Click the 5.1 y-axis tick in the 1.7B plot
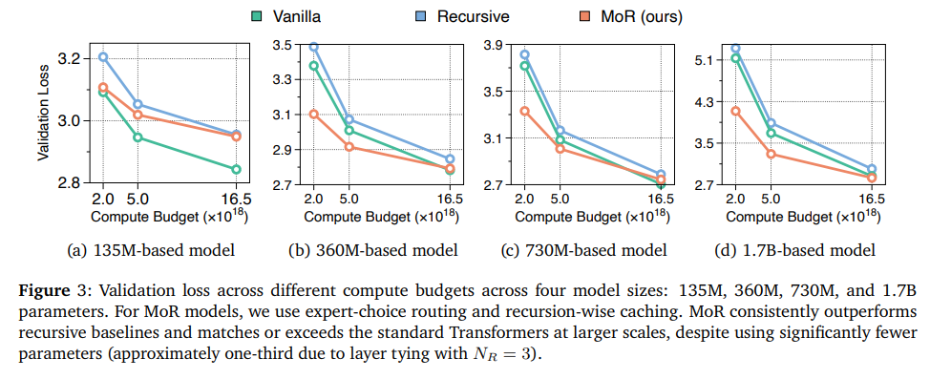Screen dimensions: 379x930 coord(708,60)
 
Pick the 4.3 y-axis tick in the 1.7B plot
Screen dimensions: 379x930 coord(708,101)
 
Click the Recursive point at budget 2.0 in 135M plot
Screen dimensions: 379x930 coord(103,56)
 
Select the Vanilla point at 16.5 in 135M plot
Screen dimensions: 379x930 coord(236,170)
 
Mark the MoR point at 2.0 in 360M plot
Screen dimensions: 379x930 coord(313,115)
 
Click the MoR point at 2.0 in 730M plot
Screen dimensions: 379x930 coord(524,112)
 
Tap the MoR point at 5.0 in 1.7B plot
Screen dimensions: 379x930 coord(771,155)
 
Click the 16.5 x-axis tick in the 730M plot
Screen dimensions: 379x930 coord(658,200)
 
